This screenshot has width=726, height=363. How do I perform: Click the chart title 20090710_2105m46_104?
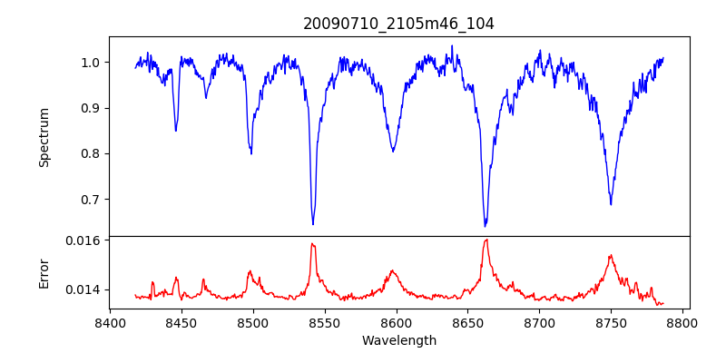point(398,24)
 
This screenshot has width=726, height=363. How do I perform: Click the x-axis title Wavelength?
point(398,341)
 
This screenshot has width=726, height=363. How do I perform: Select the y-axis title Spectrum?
point(44,137)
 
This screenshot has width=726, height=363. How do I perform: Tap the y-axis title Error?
point(44,272)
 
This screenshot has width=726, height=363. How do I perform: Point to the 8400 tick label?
point(110,322)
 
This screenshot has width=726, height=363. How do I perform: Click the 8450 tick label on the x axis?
point(181,322)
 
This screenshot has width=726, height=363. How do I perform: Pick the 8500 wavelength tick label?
point(253,322)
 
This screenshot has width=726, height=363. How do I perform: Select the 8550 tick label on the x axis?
point(325,322)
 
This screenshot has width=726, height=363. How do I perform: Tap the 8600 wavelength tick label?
point(397,322)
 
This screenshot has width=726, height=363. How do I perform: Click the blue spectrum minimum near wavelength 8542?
point(313,224)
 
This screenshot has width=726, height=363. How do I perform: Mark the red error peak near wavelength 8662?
point(486,240)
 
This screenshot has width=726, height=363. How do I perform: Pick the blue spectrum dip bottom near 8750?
point(611,204)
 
